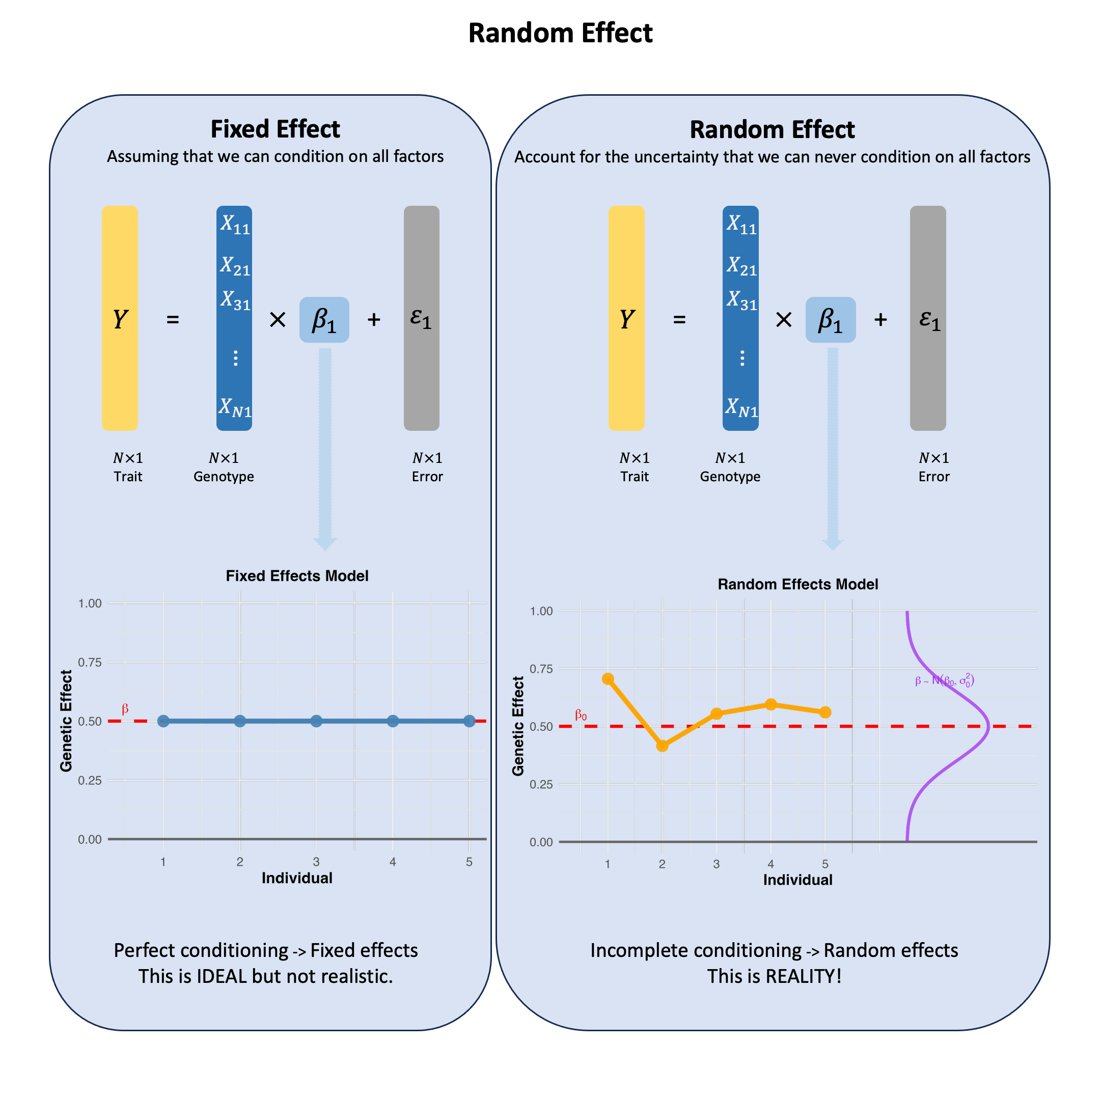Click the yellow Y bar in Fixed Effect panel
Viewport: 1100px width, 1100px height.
click(x=120, y=318)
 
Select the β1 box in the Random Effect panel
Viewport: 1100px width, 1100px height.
click(x=830, y=319)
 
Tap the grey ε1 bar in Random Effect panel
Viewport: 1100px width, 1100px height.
click(x=927, y=318)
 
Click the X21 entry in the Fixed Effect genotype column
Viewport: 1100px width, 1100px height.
click(x=235, y=266)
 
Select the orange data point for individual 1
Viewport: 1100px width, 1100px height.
click(x=608, y=679)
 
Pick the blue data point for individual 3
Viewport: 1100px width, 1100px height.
click(x=317, y=721)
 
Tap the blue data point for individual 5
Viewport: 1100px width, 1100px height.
click(x=469, y=721)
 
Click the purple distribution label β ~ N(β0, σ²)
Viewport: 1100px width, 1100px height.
click(x=945, y=680)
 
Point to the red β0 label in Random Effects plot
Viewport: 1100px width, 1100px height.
click(x=581, y=715)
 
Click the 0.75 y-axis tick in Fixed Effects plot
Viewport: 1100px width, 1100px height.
click(x=90, y=662)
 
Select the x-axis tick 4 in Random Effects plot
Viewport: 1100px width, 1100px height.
click(x=771, y=864)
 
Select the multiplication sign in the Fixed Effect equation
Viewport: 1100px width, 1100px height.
click(x=277, y=320)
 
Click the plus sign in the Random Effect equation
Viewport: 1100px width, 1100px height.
click(x=880, y=320)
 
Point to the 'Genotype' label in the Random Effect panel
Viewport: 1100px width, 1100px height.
click(x=730, y=477)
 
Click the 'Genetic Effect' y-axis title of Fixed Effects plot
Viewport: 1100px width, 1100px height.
click(x=66, y=721)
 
